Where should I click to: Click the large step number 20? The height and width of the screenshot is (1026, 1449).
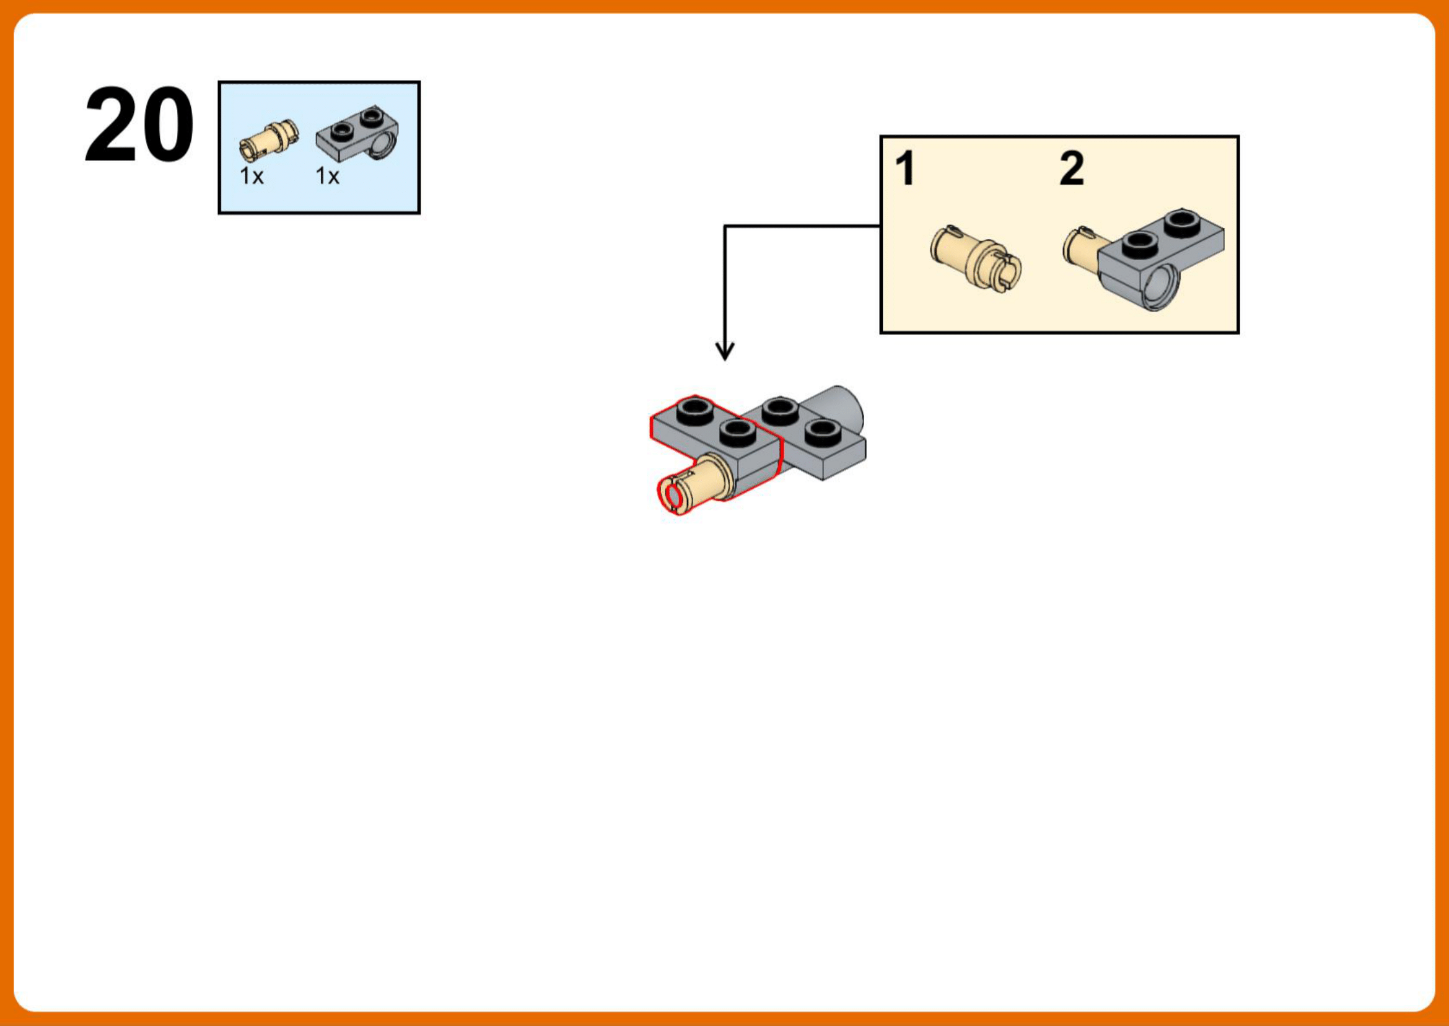click(139, 125)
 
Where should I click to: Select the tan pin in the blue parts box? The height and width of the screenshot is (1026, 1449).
click(269, 139)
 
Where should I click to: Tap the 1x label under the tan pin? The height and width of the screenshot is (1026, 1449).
click(252, 176)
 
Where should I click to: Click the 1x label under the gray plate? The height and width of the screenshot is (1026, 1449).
click(327, 176)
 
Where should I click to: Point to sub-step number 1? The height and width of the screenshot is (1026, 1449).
click(905, 169)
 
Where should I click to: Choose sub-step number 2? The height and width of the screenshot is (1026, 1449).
click(1071, 168)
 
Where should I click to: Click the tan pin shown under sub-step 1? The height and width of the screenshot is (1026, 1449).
click(976, 257)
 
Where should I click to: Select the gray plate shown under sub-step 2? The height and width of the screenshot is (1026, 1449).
click(1161, 259)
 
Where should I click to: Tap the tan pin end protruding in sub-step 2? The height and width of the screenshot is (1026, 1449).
click(1082, 246)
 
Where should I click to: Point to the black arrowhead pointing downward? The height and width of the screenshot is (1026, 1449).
click(725, 351)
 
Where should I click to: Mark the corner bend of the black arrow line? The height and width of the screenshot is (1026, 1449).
click(725, 226)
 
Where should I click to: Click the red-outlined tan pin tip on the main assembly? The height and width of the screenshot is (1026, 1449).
click(673, 495)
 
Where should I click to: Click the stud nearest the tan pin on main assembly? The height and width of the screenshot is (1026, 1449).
click(738, 432)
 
